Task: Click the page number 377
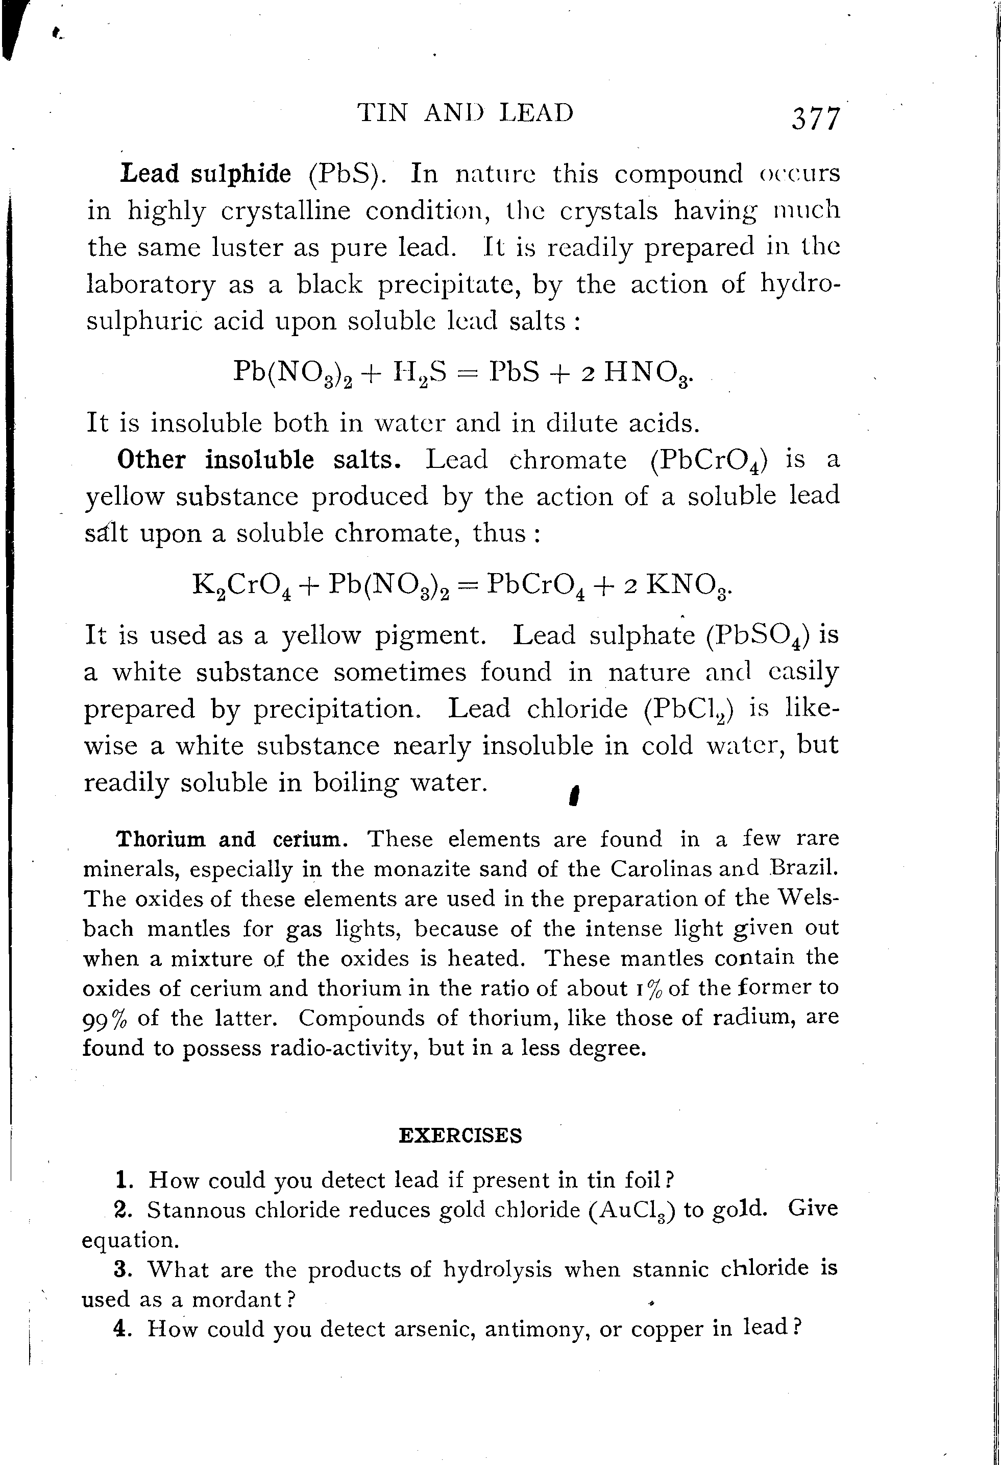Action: click(816, 119)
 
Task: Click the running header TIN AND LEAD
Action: click(466, 113)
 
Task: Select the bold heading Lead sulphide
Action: click(206, 173)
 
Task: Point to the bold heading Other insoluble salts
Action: click(259, 460)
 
